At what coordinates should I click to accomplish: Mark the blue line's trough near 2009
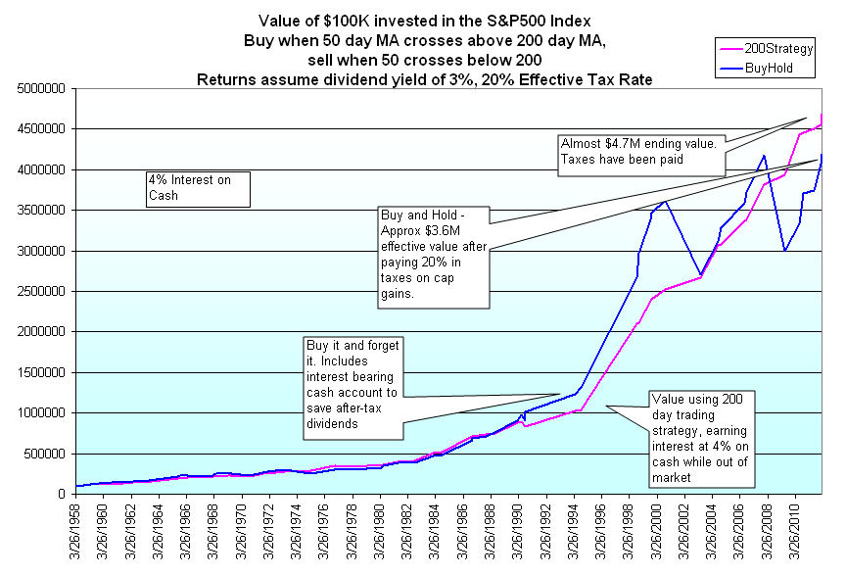coord(784,251)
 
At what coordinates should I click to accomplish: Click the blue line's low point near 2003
coord(701,275)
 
